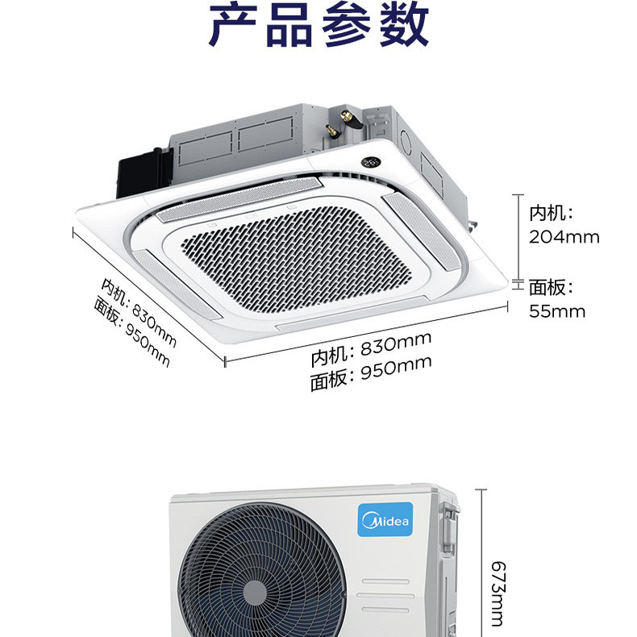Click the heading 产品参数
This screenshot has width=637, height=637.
pyautogui.click(x=318, y=26)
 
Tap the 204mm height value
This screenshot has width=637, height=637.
pyautogui.click(x=564, y=237)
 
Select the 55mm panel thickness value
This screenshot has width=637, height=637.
pyautogui.click(x=557, y=310)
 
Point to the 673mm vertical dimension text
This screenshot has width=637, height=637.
pyautogui.click(x=495, y=593)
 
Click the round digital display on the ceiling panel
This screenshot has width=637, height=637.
pyautogui.click(x=371, y=161)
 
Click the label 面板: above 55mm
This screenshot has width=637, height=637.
pyautogui.click(x=552, y=288)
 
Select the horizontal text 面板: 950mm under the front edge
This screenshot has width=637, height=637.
pyautogui.click(x=371, y=373)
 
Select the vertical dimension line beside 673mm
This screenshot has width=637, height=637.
pyautogui.click(x=482, y=564)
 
